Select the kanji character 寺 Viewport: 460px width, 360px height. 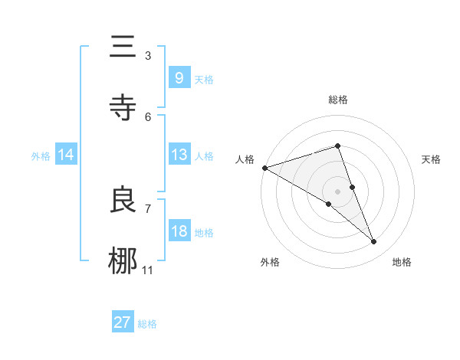click(123, 108)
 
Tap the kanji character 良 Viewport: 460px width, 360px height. click(123, 201)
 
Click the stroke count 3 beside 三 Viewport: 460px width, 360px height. click(148, 56)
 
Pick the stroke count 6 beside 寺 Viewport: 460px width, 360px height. click(148, 116)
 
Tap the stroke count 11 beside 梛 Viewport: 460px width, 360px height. click(148, 270)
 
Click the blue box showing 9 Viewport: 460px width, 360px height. click(179, 78)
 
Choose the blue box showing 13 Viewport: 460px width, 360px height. click(179, 155)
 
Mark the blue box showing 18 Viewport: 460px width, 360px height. click(179, 231)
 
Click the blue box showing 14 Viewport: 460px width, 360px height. click(66, 155)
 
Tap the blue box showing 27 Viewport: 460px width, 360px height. click(123, 322)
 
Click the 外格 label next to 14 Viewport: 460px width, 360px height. click(41, 155)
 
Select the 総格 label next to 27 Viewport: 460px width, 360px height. click(147, 324)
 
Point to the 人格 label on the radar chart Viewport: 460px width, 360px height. click(245, 159)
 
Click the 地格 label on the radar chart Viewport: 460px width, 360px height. click(402, 262)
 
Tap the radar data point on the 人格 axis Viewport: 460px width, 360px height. click(264, 168)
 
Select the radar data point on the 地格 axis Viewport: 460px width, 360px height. click(374, 242)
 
